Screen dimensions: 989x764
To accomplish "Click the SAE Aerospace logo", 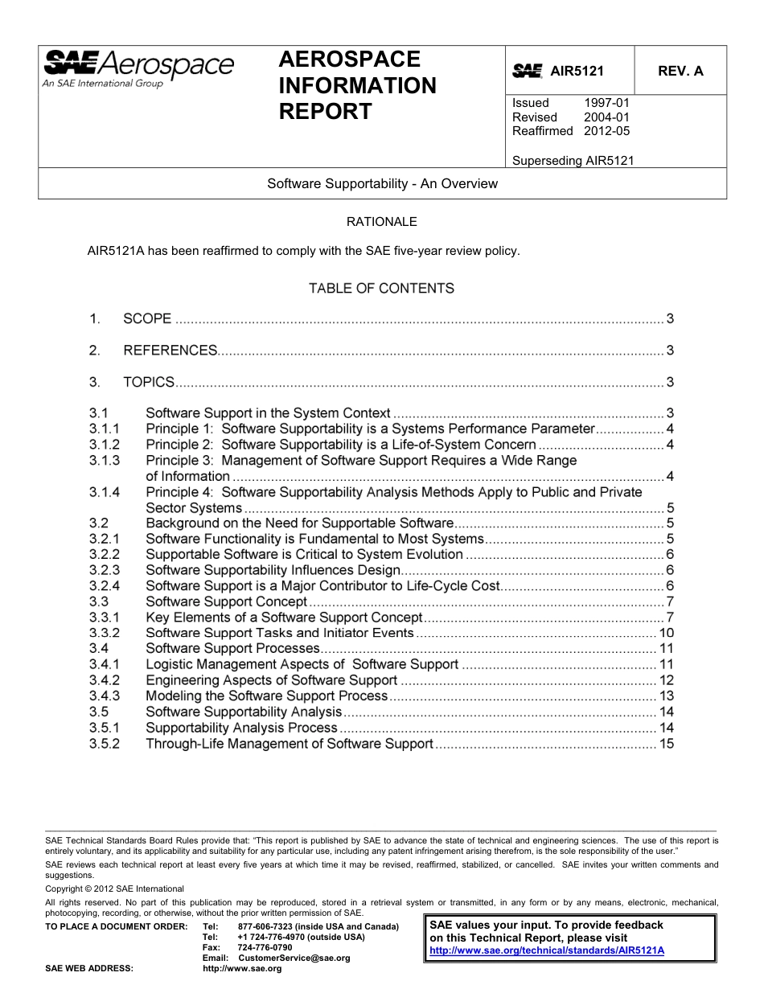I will (x=138, y=69).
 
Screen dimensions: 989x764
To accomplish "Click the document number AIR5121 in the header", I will (x=577, y=71).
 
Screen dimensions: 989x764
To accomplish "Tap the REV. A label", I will (x=680, y=71).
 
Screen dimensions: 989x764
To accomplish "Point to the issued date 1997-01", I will (x=606, y=103).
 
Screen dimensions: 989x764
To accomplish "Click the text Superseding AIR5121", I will (x=573, y=160).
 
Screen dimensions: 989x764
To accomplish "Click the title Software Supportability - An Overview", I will (x=382, y=183).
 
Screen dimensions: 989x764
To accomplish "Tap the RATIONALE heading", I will (x=381, y=221).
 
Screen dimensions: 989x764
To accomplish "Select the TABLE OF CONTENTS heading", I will (x=381, y=288).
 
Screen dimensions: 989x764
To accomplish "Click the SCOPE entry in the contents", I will (x=147, y=319).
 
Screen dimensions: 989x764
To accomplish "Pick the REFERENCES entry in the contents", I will (x=170, y=351).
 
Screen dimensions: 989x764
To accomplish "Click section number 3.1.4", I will (x=105, y=492).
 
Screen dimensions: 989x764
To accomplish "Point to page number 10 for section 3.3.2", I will (x=666, y=633).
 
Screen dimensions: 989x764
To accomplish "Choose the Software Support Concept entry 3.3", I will (x=226, y=601).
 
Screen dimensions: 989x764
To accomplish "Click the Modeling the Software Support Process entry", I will (x=266, y=696).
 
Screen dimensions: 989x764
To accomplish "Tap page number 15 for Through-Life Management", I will (x=666, y=744).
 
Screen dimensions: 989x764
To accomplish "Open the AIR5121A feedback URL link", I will (x=547, y=950).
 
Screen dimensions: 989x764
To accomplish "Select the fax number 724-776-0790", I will (x=265, y=948).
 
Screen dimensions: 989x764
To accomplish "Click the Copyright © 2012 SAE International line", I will (x=114, y=888).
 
